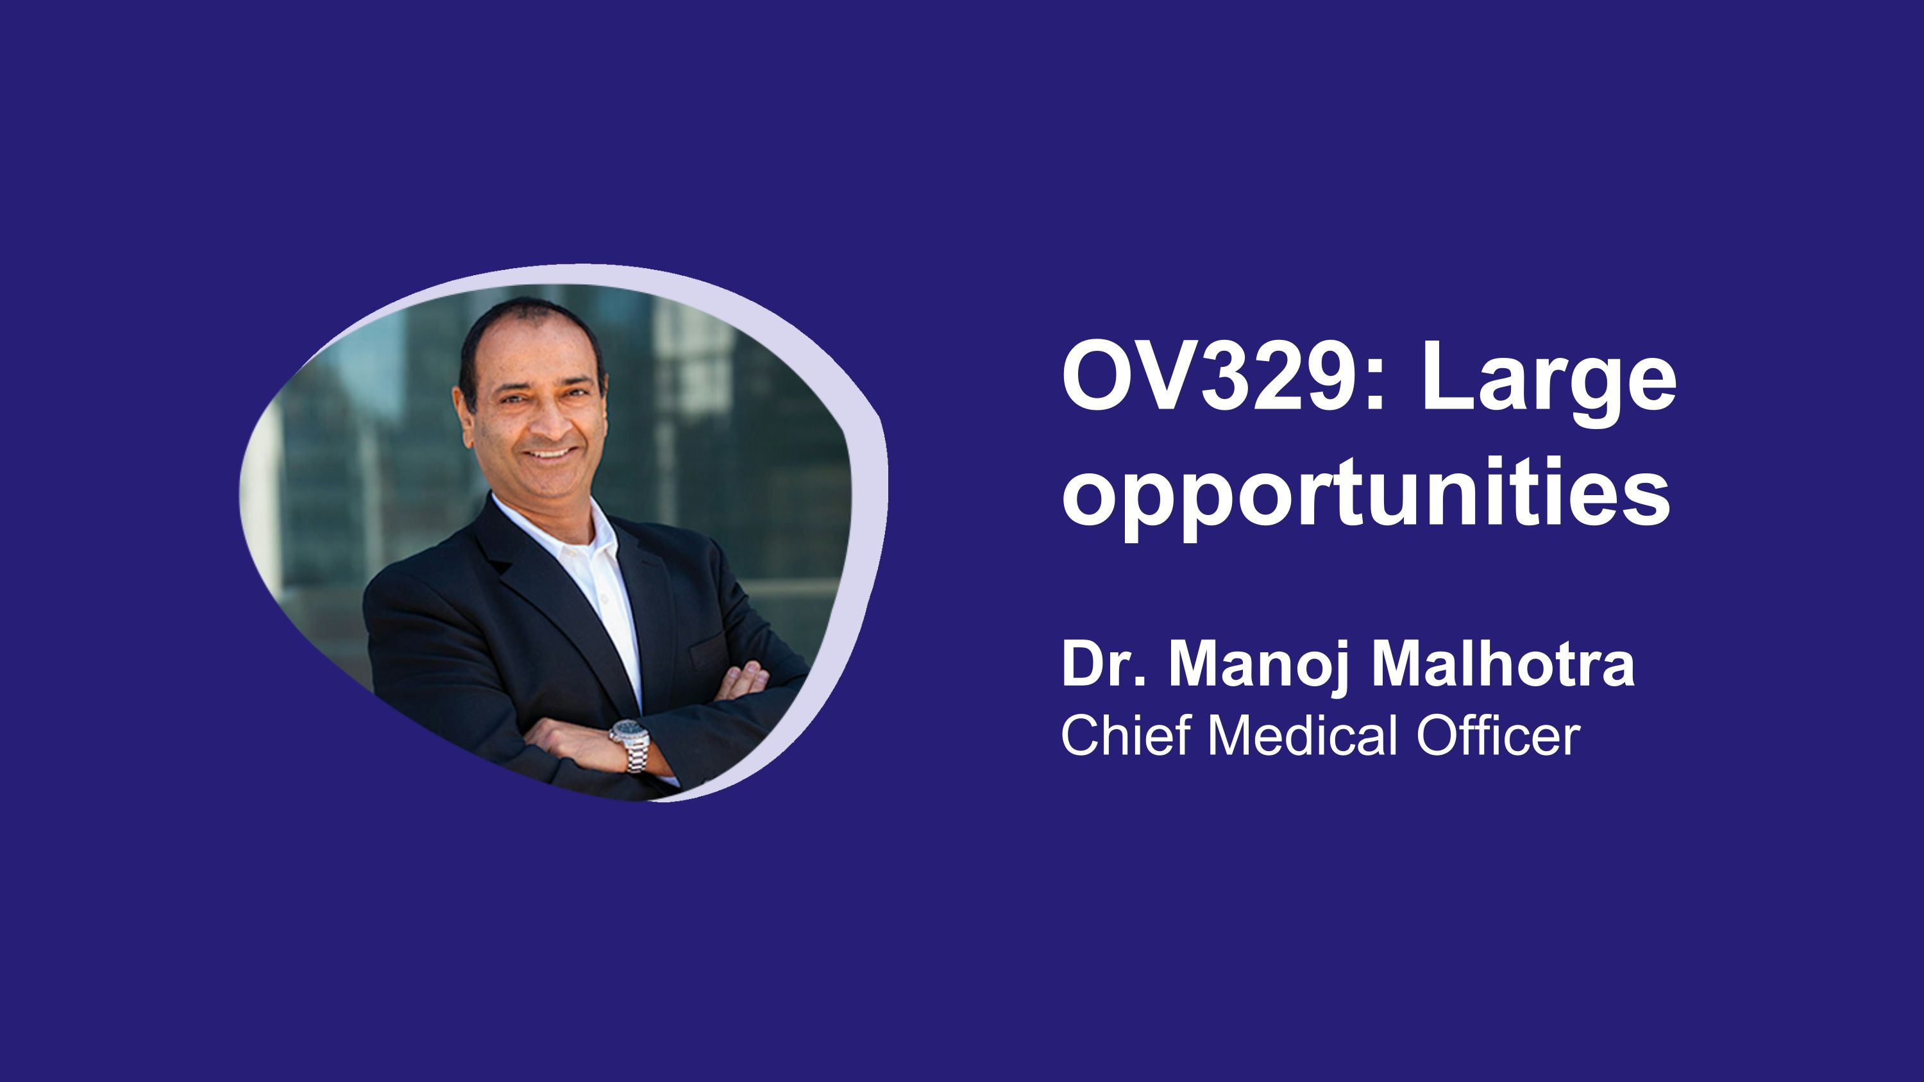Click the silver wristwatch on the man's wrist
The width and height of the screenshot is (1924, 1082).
pyautogui.click(x=630, y=743)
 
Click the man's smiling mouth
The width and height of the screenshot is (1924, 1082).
pyautogui.click(x=551, y=453)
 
